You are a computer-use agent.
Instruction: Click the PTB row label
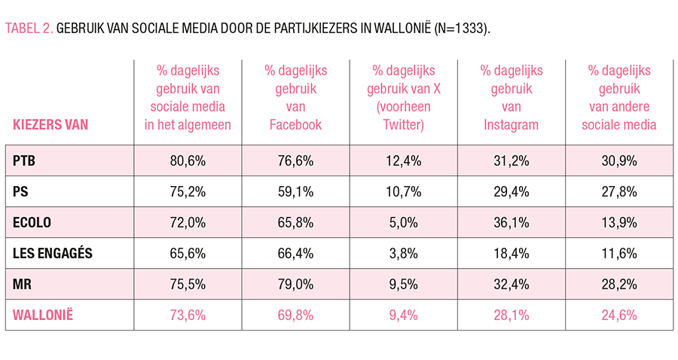click(x=25, y=160)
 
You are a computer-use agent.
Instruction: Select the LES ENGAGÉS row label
click(x=53, y=253)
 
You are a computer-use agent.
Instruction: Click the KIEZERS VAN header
click(x=50, y=125)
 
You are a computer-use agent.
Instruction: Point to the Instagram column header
click(x=512, y=97)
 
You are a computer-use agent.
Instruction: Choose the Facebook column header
click(x=295, y=97)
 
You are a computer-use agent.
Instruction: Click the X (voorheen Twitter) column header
click(x=403, y=97)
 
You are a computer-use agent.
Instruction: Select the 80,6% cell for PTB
click(x=188, y=160)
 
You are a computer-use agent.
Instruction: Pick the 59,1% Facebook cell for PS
click(x=295, y=191)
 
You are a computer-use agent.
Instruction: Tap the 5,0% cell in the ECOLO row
click(x=403, y=222)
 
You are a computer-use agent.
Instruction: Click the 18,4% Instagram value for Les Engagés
click(x=512, y=253)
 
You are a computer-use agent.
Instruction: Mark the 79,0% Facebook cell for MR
click(x=295, y=283)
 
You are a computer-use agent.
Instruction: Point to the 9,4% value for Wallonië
click(x=403, y=314)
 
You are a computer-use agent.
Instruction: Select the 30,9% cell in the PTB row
click(x=618, y=160)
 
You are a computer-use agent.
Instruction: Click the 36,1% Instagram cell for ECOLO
click(x=512, y=222)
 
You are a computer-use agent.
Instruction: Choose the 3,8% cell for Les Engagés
click(x=403, y=253)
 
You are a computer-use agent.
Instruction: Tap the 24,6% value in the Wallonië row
click(x=618, y=314)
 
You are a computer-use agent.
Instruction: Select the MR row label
click(x=23, y=283)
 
